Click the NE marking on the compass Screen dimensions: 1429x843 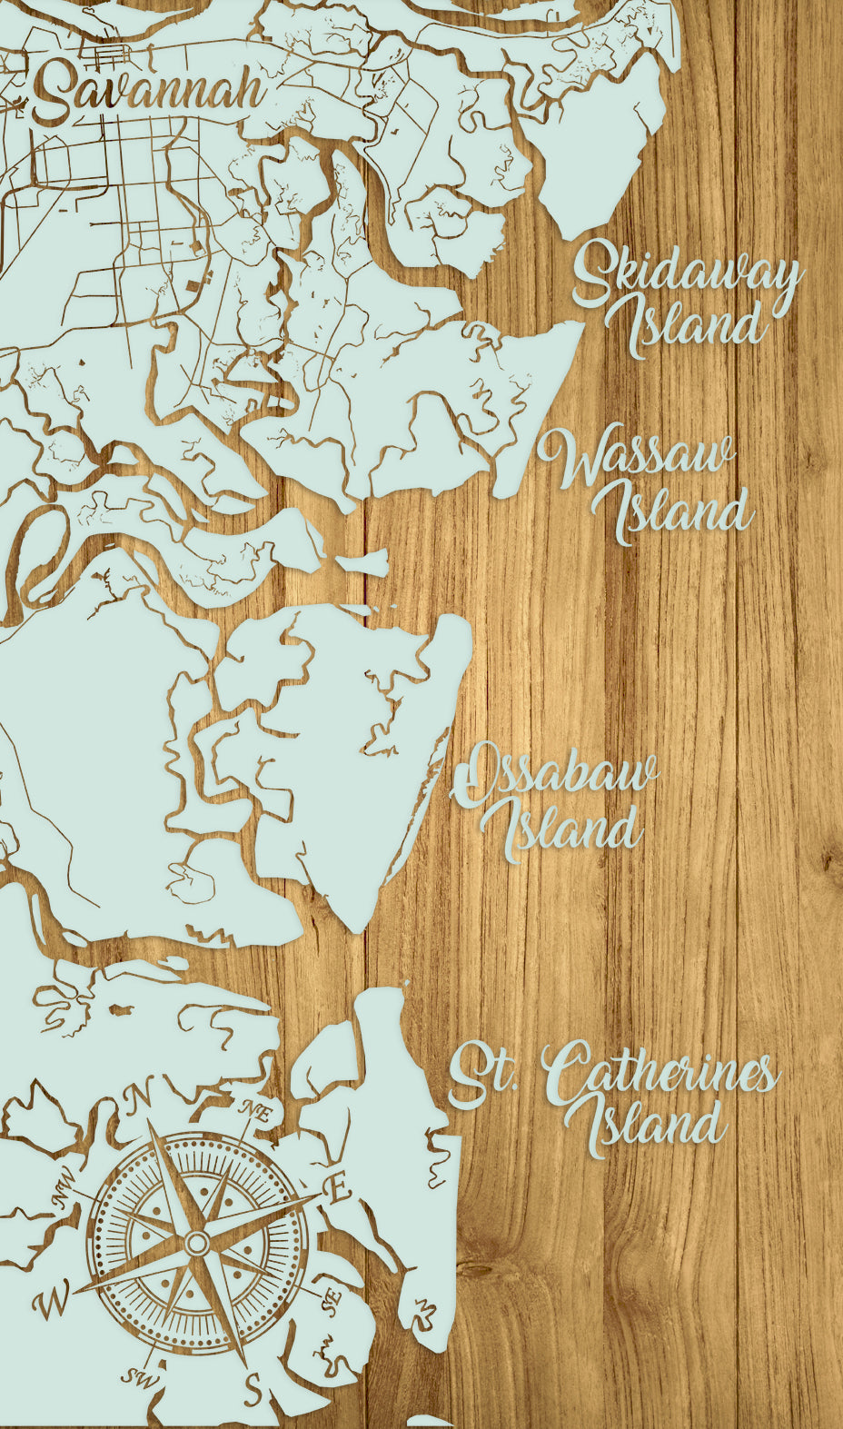pos(256,1109)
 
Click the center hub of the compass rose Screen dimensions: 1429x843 pos(196,1242)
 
